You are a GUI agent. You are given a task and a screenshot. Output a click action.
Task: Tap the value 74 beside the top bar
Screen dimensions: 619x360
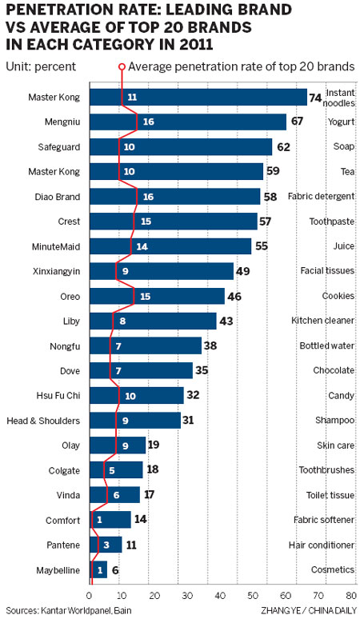click(315, 97)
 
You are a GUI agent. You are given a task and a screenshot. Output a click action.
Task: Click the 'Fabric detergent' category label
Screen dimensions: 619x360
click(319, 197)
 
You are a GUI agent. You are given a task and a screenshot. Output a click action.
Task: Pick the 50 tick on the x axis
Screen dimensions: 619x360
click(253, 597)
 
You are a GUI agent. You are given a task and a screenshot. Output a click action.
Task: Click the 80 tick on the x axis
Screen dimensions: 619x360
click(350, 597)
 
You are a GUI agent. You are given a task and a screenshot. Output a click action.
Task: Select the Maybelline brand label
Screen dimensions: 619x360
click(58, 569)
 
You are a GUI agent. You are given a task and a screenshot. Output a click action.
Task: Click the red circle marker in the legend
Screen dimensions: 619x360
click(122, 66)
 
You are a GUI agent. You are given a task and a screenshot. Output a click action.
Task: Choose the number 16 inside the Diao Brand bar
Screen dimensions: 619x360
click(147, 197)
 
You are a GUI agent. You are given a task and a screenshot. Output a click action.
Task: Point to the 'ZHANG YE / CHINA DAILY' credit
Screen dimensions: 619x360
click(307, 611)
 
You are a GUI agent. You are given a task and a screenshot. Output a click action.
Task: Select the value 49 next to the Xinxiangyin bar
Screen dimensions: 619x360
click(243, 271)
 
